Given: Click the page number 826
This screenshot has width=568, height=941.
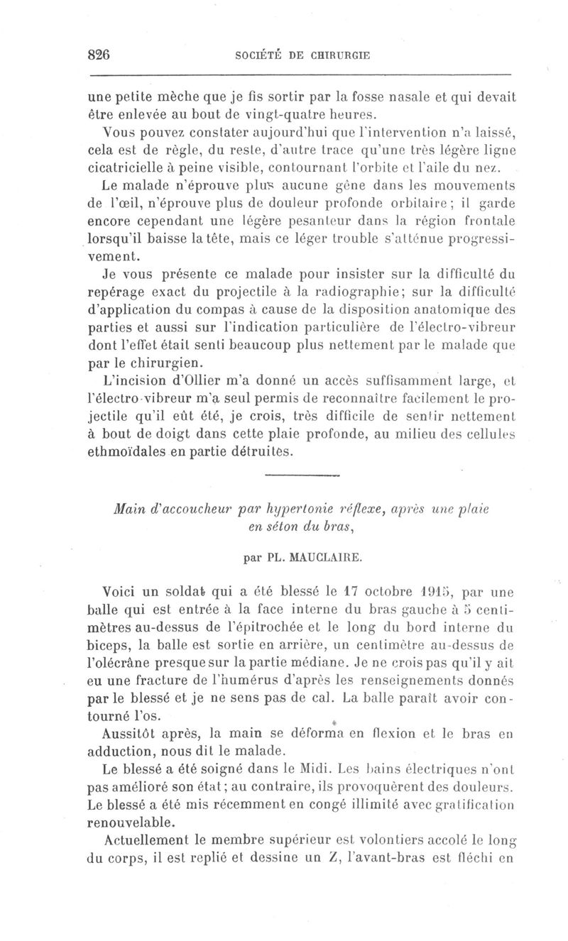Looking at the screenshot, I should (x=102, y=55).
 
